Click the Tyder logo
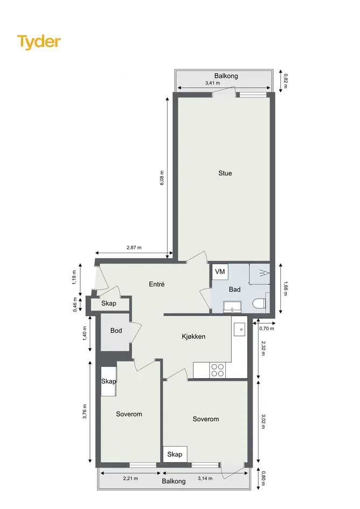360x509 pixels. [39, 42]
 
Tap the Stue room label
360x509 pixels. [225, 173]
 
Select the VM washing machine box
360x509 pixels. [220, 271]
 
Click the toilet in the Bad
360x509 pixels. [260, 304]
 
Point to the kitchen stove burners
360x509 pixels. [217, 370]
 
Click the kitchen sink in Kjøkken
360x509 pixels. [239, 329]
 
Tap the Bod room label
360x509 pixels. [116, 331]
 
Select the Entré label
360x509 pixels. [157, 284]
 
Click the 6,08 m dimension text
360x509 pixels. [162, 178]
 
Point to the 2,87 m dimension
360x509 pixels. [134, 248]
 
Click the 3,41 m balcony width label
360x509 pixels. [212, 83]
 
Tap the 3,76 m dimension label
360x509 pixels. [85, 412]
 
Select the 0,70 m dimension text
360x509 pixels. [267, 329]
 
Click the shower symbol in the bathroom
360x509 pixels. [265, 273]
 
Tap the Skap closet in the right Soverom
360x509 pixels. [175, 454]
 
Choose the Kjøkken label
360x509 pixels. [193, 337]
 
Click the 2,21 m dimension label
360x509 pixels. [130, 478]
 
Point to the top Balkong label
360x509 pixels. [226, 76]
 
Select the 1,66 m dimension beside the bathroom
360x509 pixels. [286, 289]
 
